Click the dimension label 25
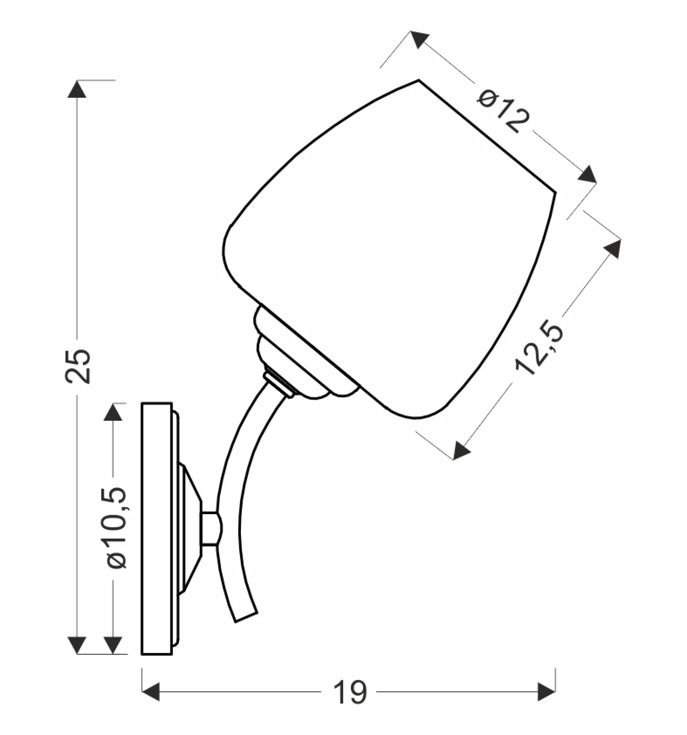coord(78,366)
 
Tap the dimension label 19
coord(350,693)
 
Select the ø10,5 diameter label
coord(117,528)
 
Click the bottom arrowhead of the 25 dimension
coord(77,645)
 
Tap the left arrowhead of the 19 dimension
coord(151,692)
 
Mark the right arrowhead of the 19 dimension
coord(546,692)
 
